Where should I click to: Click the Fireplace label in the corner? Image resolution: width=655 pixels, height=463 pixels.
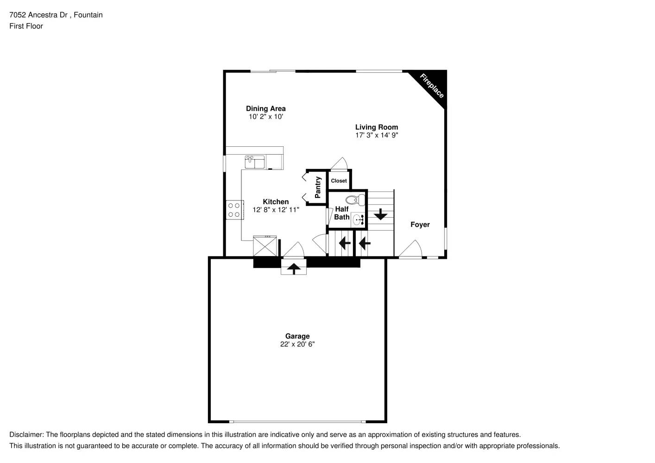432,86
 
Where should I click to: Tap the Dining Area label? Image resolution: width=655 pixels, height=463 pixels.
265,109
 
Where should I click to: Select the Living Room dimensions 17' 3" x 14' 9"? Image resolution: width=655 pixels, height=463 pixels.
377,135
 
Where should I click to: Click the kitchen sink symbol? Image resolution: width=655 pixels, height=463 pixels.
254,162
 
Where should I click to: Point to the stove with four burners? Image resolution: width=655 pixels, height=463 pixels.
234,209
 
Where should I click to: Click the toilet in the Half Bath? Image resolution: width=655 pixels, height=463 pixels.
355,200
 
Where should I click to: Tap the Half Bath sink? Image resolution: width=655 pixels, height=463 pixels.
358,219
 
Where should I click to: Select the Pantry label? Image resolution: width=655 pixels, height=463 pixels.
318,187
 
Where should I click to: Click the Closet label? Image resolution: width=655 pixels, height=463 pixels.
339,181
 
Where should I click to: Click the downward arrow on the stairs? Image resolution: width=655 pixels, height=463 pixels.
380,214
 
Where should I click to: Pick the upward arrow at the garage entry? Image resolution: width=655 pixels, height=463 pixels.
294,268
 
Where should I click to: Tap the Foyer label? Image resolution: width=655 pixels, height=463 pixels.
420,225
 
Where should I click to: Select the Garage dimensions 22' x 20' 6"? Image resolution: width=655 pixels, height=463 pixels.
297,344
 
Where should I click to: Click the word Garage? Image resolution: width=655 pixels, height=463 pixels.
297,336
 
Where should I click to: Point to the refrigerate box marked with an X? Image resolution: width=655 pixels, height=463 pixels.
265,246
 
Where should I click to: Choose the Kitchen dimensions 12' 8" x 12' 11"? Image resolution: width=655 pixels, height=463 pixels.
276,210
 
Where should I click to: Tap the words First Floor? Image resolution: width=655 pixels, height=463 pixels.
26,26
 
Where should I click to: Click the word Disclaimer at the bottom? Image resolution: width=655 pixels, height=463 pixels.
26,435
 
